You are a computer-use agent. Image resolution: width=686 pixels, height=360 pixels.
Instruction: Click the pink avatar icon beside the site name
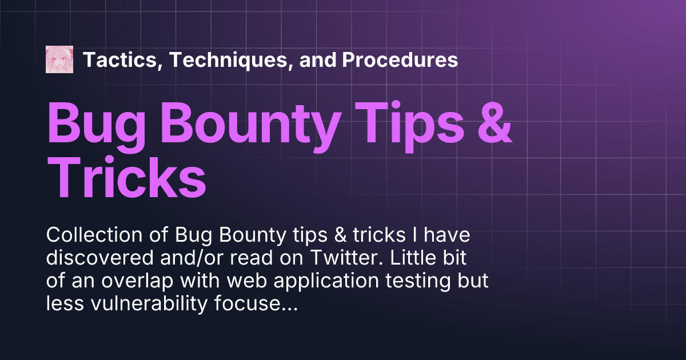point(59,59)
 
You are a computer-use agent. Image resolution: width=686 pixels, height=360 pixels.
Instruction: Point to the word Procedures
point(400,59)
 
